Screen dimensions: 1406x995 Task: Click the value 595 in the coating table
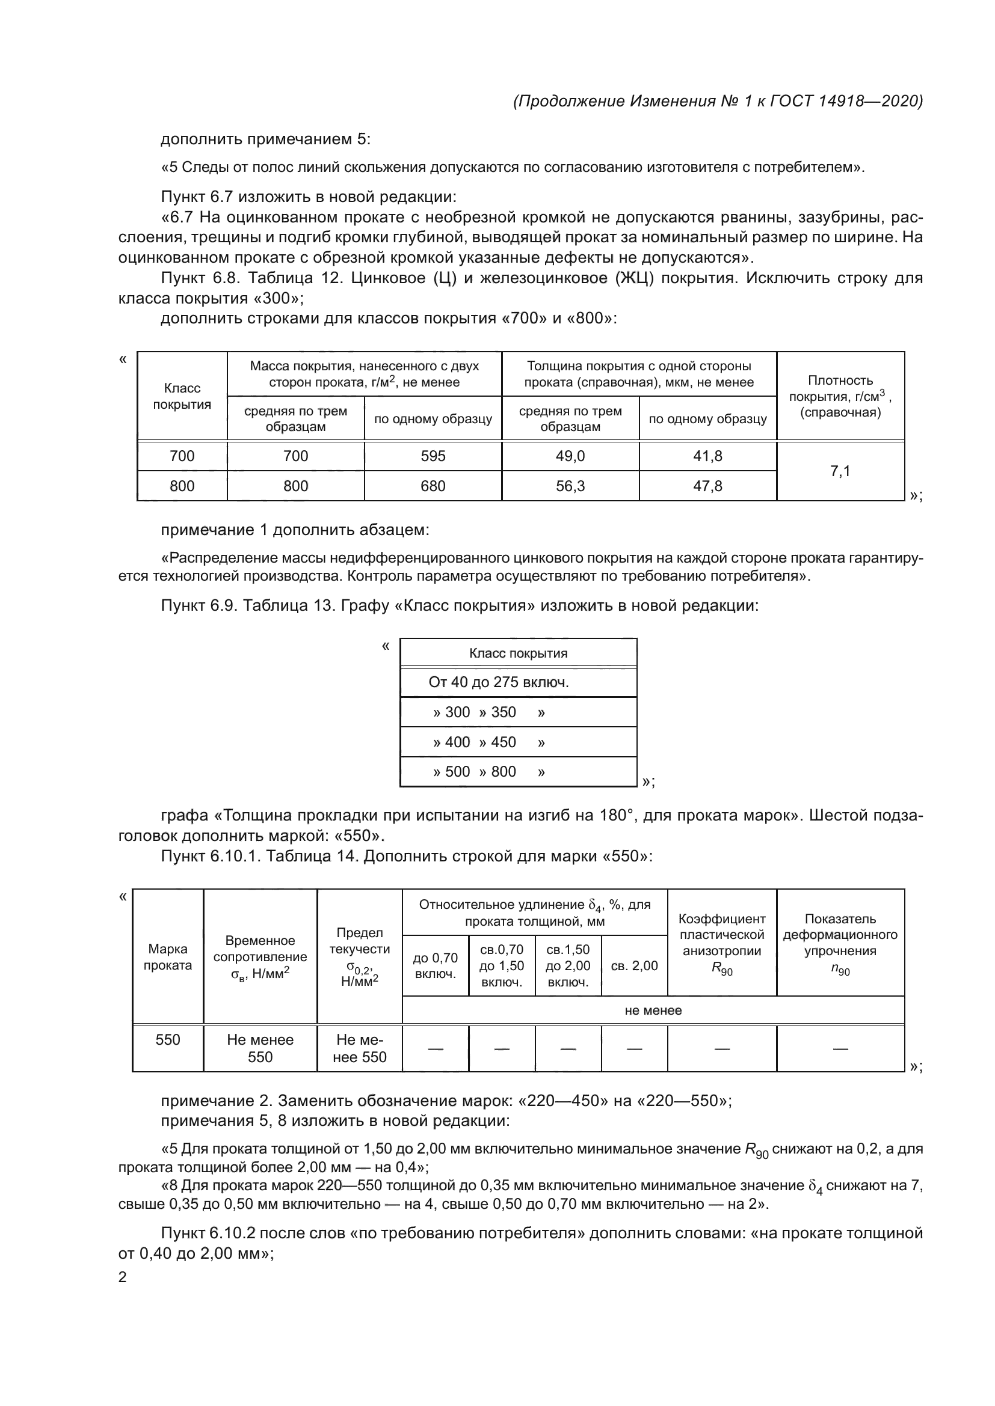(x=433, y=456)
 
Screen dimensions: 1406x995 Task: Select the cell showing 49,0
(x=570, y=456)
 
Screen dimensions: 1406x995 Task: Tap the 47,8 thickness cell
(x=707, y=486)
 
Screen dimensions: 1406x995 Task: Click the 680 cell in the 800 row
(x=433, y=486)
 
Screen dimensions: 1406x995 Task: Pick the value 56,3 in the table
(x=570, y=486)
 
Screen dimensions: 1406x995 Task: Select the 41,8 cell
(x=707, y=456)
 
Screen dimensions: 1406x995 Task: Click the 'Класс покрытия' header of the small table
(x=518, y=653)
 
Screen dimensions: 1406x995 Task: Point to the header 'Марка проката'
(x=167, y=957)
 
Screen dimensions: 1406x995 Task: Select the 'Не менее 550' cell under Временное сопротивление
(x=260, y=1048)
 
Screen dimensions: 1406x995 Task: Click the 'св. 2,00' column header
(x=634, y=966)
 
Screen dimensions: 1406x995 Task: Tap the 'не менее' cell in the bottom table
(x=653, y=1010)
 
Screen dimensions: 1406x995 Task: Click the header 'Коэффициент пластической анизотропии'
(x=722, y=944)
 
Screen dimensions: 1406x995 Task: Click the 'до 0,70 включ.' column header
(x=435, y=966)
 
